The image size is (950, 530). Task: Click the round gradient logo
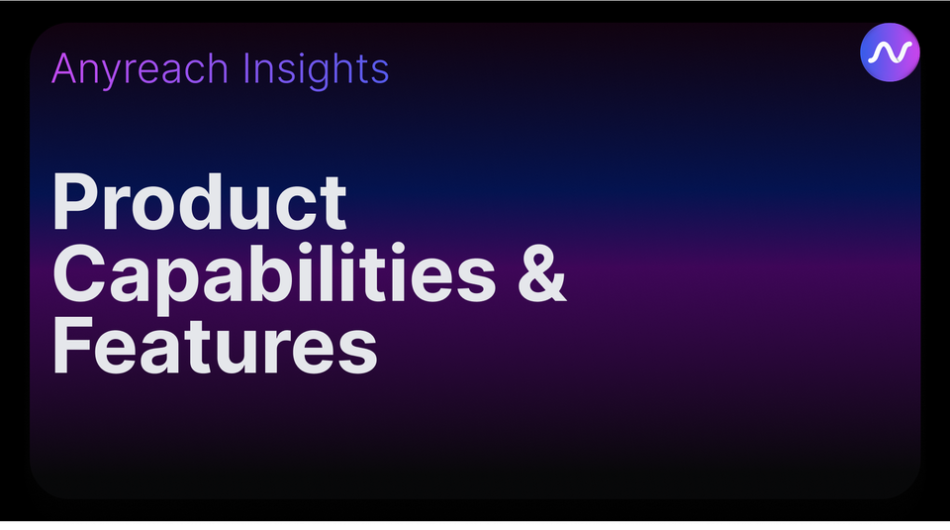point(890,52)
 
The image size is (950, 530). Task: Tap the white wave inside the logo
point(890,53)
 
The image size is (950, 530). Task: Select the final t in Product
point(333,203)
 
